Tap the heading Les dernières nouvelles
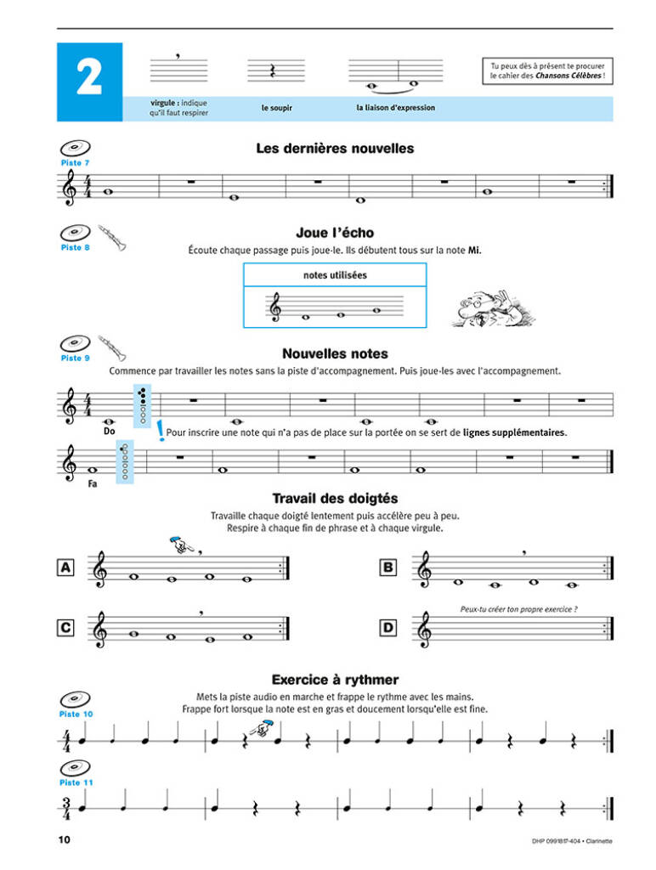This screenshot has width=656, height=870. [x=335, y=149]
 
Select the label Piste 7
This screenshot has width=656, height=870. [x=75, y=162]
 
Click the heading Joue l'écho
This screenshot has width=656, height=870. [x=335, y=233]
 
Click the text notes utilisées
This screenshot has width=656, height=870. [x=335, y=275]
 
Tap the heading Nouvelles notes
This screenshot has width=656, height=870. [x=335, y=353]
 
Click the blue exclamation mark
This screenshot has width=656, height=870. [x=161, y=432]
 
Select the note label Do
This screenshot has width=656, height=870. [x=108, y=432]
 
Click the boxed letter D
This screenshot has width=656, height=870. [x=388, y=629]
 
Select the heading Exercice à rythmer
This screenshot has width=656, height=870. [x=335, y=680]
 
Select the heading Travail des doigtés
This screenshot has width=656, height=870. [x=335, y=499]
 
